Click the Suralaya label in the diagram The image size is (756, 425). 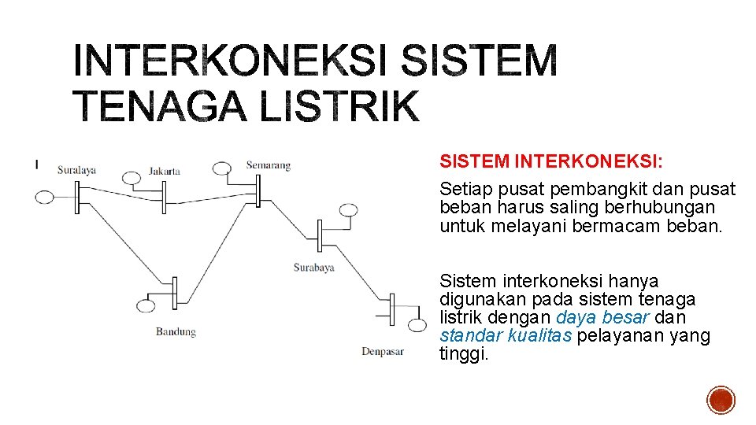76,169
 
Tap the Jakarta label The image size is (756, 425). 165,171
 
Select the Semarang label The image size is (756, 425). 268,165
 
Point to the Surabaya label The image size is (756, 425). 313,267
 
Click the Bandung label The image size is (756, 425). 176,331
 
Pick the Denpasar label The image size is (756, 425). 383,351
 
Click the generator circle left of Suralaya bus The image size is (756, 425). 45,197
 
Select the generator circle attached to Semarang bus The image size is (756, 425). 222,168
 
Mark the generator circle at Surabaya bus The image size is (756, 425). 348,210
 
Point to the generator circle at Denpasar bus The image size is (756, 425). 418,324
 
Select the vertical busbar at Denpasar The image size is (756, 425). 391,312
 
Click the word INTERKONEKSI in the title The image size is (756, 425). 228,61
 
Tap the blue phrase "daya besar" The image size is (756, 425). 602,318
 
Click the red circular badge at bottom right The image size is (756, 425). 721,401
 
